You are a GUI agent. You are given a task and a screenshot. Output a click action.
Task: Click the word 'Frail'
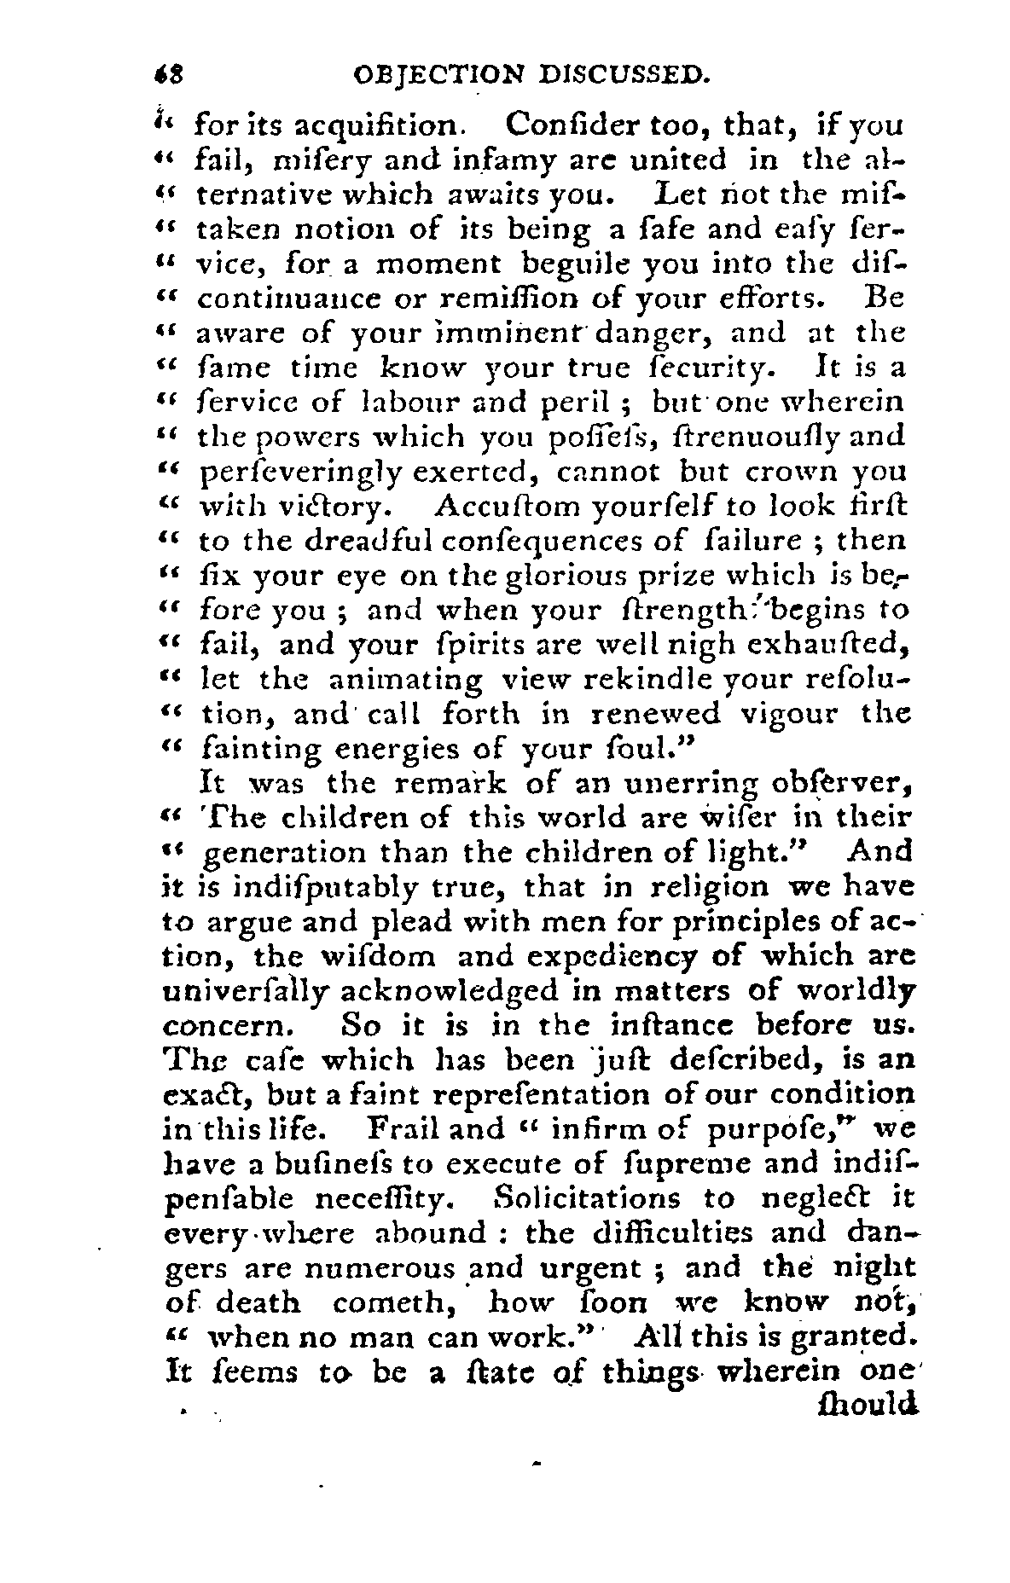(403, 1129)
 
